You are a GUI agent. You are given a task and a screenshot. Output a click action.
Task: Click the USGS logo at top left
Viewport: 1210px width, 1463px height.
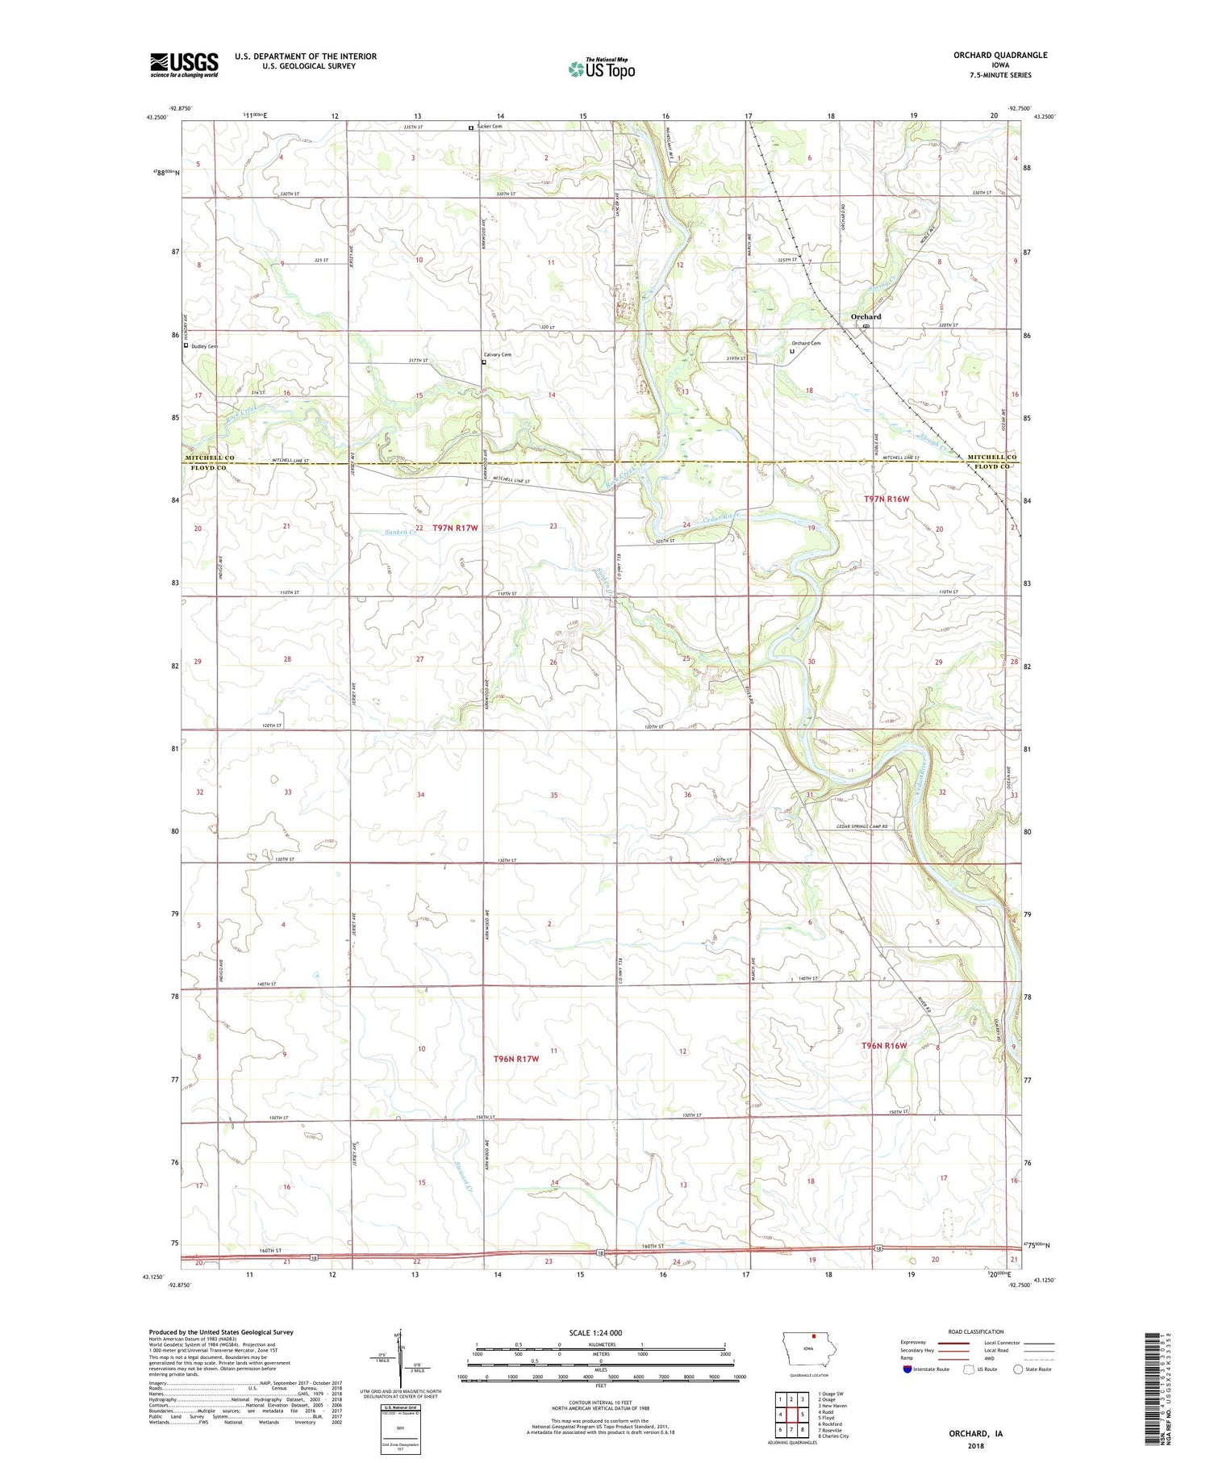click(x=184, y=65)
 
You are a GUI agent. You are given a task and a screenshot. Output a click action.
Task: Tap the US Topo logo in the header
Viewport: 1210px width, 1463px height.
click(x=601, y=69)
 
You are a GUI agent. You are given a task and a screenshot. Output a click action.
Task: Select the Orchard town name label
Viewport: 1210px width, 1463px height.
click(x=866, y=317)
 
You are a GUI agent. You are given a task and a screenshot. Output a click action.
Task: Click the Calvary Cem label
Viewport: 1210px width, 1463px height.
click(x=497, y=354)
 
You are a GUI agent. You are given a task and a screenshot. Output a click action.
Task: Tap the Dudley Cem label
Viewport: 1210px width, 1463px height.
click(x=204, y=346)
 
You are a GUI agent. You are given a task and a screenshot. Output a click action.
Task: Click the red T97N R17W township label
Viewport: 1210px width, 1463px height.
click(x=455, y=528)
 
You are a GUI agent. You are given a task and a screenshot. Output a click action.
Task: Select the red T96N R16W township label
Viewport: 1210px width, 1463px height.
click(x=884, y=1046)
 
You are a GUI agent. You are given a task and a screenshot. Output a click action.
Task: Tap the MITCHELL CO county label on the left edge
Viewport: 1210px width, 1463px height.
click(x=210, y=458)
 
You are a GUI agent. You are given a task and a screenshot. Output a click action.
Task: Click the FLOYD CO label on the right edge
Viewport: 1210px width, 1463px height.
click(x=991, y=466)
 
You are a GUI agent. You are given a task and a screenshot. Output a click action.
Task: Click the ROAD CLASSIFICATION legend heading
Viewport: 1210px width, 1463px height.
click(x=975, y=1331)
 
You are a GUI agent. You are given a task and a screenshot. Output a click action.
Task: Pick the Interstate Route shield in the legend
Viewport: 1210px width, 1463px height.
click(x=907, y=1369)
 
